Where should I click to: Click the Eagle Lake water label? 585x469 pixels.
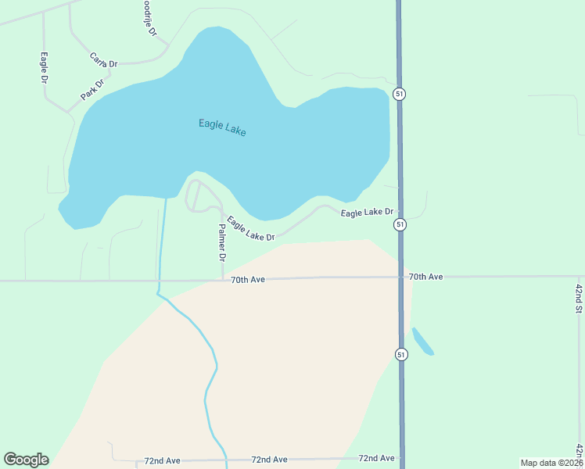coord(222,127)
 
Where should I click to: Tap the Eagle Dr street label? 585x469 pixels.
coord(45,69)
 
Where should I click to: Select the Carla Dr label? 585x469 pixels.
coord(103,60)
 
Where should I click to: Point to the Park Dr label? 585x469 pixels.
coord(92,90)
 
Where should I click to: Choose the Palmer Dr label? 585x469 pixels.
coord(222,242)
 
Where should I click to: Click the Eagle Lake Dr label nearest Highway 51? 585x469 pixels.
coord(371,212)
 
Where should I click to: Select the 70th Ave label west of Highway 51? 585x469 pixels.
coord(249,279)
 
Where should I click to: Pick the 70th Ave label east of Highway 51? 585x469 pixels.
coord(425,277)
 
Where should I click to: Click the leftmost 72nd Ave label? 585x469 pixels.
coord(163,461)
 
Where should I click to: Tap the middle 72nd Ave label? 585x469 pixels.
coord(269,460)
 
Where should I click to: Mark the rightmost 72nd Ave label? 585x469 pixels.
coord(376,458)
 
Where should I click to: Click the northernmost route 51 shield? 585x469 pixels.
coord(400,94)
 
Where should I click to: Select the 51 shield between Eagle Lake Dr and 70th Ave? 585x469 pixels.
coord(400,224)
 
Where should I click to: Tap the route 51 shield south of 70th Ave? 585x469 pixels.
coord(401,354)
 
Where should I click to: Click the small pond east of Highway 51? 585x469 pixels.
coord(422,341)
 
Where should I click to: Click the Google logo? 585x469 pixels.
coord(26,460)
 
